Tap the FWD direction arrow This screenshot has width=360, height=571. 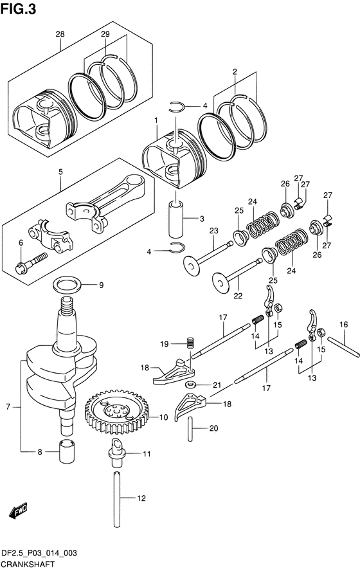(18, 511)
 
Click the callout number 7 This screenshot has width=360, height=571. (8, 406)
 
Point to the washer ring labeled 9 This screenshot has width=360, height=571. (67, 284)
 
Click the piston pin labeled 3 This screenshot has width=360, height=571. (175, 219)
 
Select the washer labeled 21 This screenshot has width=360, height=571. (190, 385)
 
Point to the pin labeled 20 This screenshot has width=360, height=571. (190, 429)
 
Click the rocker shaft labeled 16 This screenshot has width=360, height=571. (344, 347)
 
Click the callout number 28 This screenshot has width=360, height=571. (60, 34)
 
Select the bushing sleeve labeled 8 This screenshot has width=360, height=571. (67, 451)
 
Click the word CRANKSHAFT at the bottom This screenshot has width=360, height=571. (28, 565)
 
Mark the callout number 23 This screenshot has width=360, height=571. (213, 230)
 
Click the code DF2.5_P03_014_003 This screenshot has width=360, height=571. (39, 554)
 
